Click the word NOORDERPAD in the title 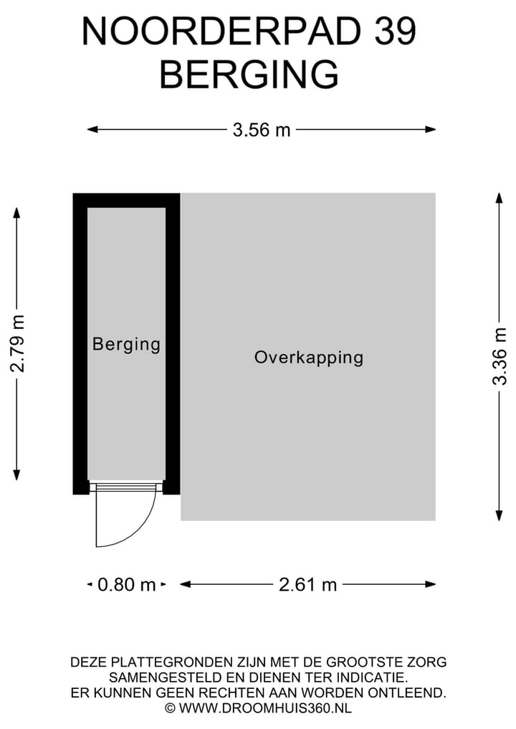[x=221, y=31]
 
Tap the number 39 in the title [x=395, y=31]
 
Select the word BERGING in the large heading [x=249, y=75]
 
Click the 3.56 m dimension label [x=262, y=130]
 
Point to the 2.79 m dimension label [x=18, y=343]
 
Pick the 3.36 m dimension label [x=500, y=356]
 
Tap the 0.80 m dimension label [x=126, y=584]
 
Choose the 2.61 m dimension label [x=307, y=584]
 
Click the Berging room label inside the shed [x=126, y=345]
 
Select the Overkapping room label [x=309, y=358]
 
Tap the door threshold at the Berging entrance [x=126, y=487]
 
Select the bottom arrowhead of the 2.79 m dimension [x=16, y=475]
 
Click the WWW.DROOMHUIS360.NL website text [x=265, y=708]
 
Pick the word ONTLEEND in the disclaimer [x=407, y=692]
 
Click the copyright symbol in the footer [x=170, y=708]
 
